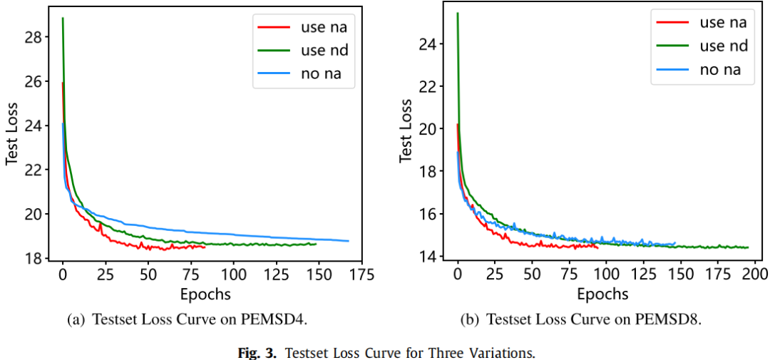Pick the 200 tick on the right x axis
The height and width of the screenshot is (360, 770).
[x=756, y=274]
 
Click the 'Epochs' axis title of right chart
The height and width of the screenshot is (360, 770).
[x=602, y=293]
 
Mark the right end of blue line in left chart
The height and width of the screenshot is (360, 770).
[x=349, y=241]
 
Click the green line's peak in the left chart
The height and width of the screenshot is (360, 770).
[x=63, y=19]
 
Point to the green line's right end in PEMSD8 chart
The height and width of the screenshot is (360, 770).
[x=748, y=247]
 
